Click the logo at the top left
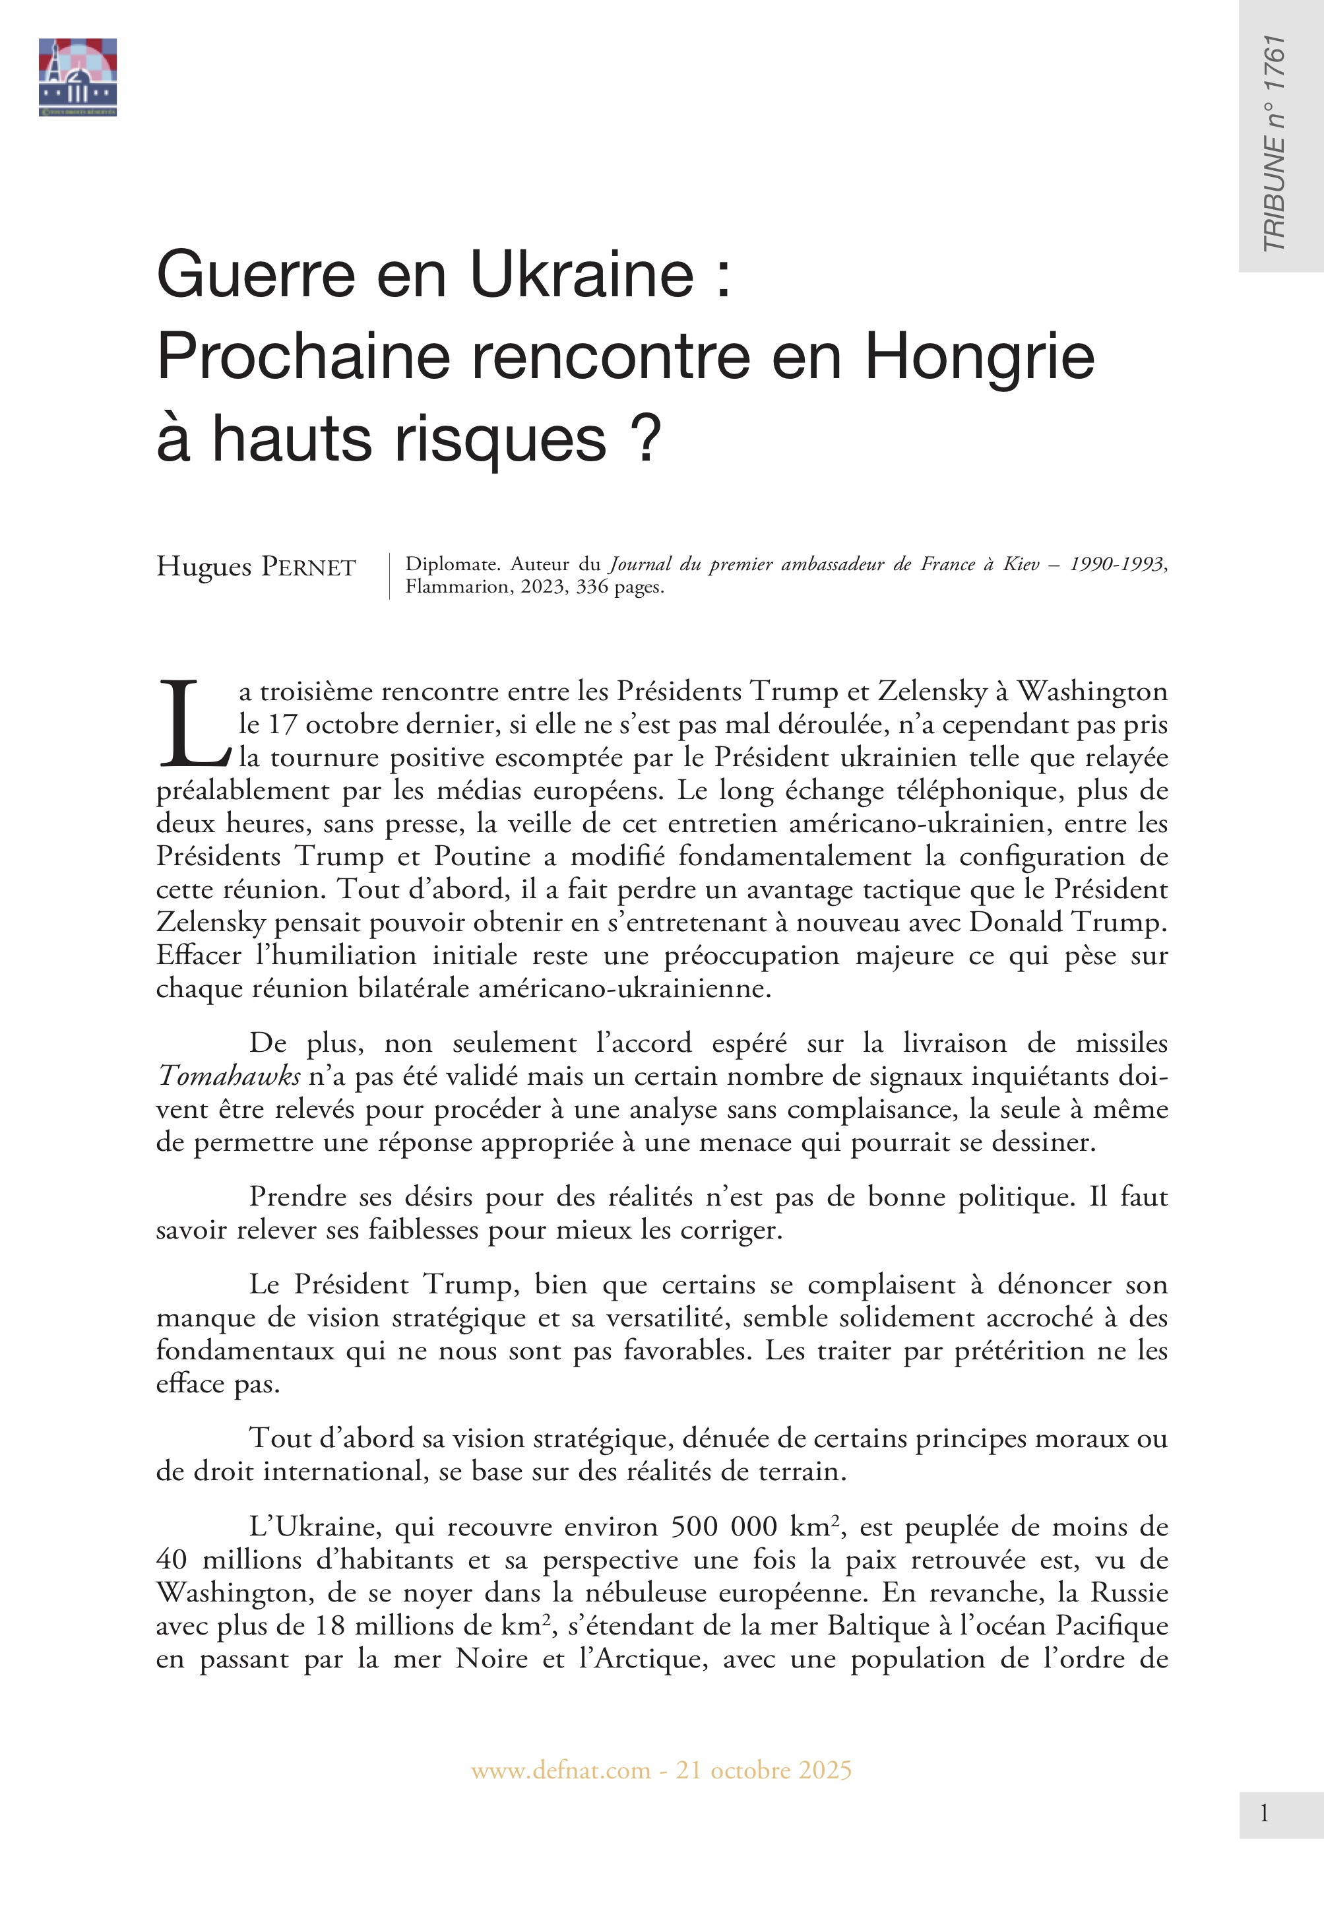(x=77, y=77)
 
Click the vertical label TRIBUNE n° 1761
(x=1273, y=143)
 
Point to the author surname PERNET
(x=309, y=567)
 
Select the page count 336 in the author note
(x=592, y=587)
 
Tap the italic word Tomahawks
(x=229, y=1076)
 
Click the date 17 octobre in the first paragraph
(x=319, y=725)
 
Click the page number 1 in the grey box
(x=1263, y=1813)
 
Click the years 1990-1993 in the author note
(x=1118, y=564)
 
